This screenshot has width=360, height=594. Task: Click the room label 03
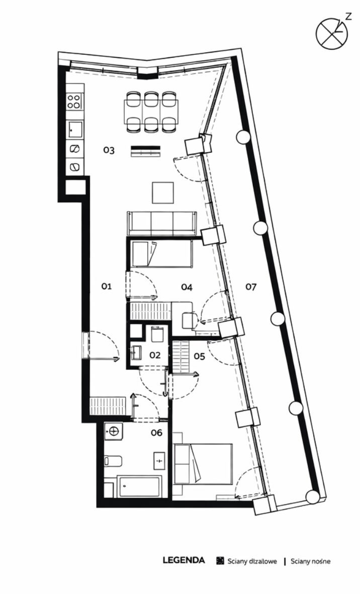tap(109, 150)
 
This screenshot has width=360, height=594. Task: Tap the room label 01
tap(107, 286)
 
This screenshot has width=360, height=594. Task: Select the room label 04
tap(187, 287)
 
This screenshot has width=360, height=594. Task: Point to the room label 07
tap(251, 287)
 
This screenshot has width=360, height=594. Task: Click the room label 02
tap(155, 355)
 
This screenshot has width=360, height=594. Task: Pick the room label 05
tap(199, 356)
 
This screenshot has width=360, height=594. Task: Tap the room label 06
tap(156, 432)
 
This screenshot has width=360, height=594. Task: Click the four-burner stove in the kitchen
tap(74, 101)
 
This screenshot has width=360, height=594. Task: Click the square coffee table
tap(163, 193)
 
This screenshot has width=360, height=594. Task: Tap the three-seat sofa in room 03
tap(162, 223)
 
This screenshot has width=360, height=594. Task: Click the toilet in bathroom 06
tap(113, 461)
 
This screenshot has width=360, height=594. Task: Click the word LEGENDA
tap(184, 560)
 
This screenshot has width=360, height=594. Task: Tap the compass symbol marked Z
tap(332, 33)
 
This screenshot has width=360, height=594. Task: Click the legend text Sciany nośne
tap(310, 561)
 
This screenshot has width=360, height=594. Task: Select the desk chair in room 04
tap(190, 320)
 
